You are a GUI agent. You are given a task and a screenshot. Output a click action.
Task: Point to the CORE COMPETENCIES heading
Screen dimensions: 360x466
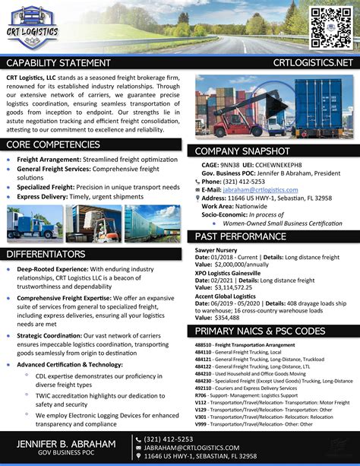[x=52, y=144]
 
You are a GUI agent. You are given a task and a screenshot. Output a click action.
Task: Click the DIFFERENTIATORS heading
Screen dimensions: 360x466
[x=46, y=253]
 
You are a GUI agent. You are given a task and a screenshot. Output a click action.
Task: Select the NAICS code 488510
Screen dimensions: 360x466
[x=203, y=324]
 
